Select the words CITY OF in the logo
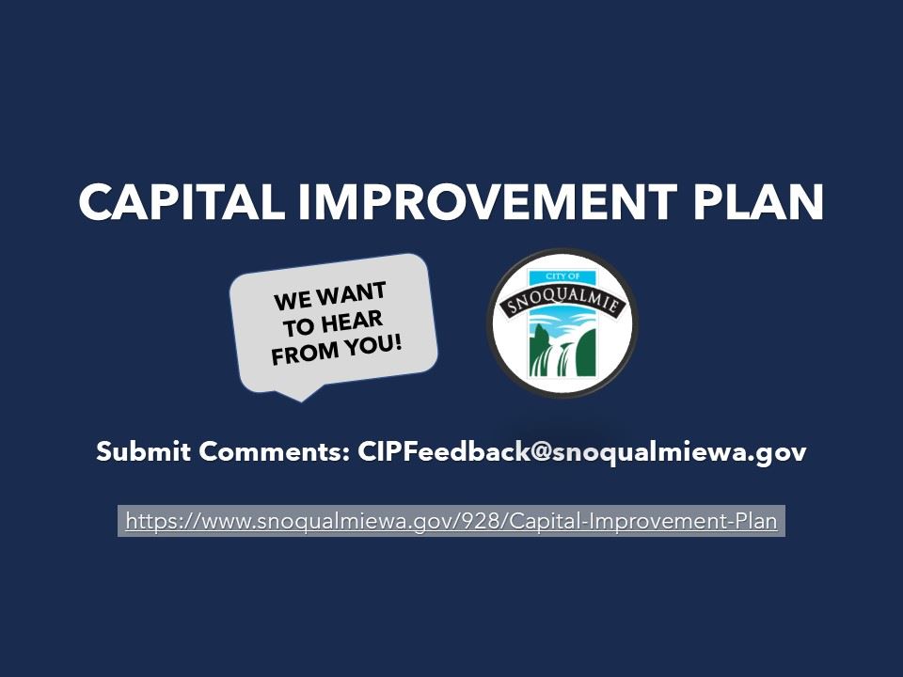562,276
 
